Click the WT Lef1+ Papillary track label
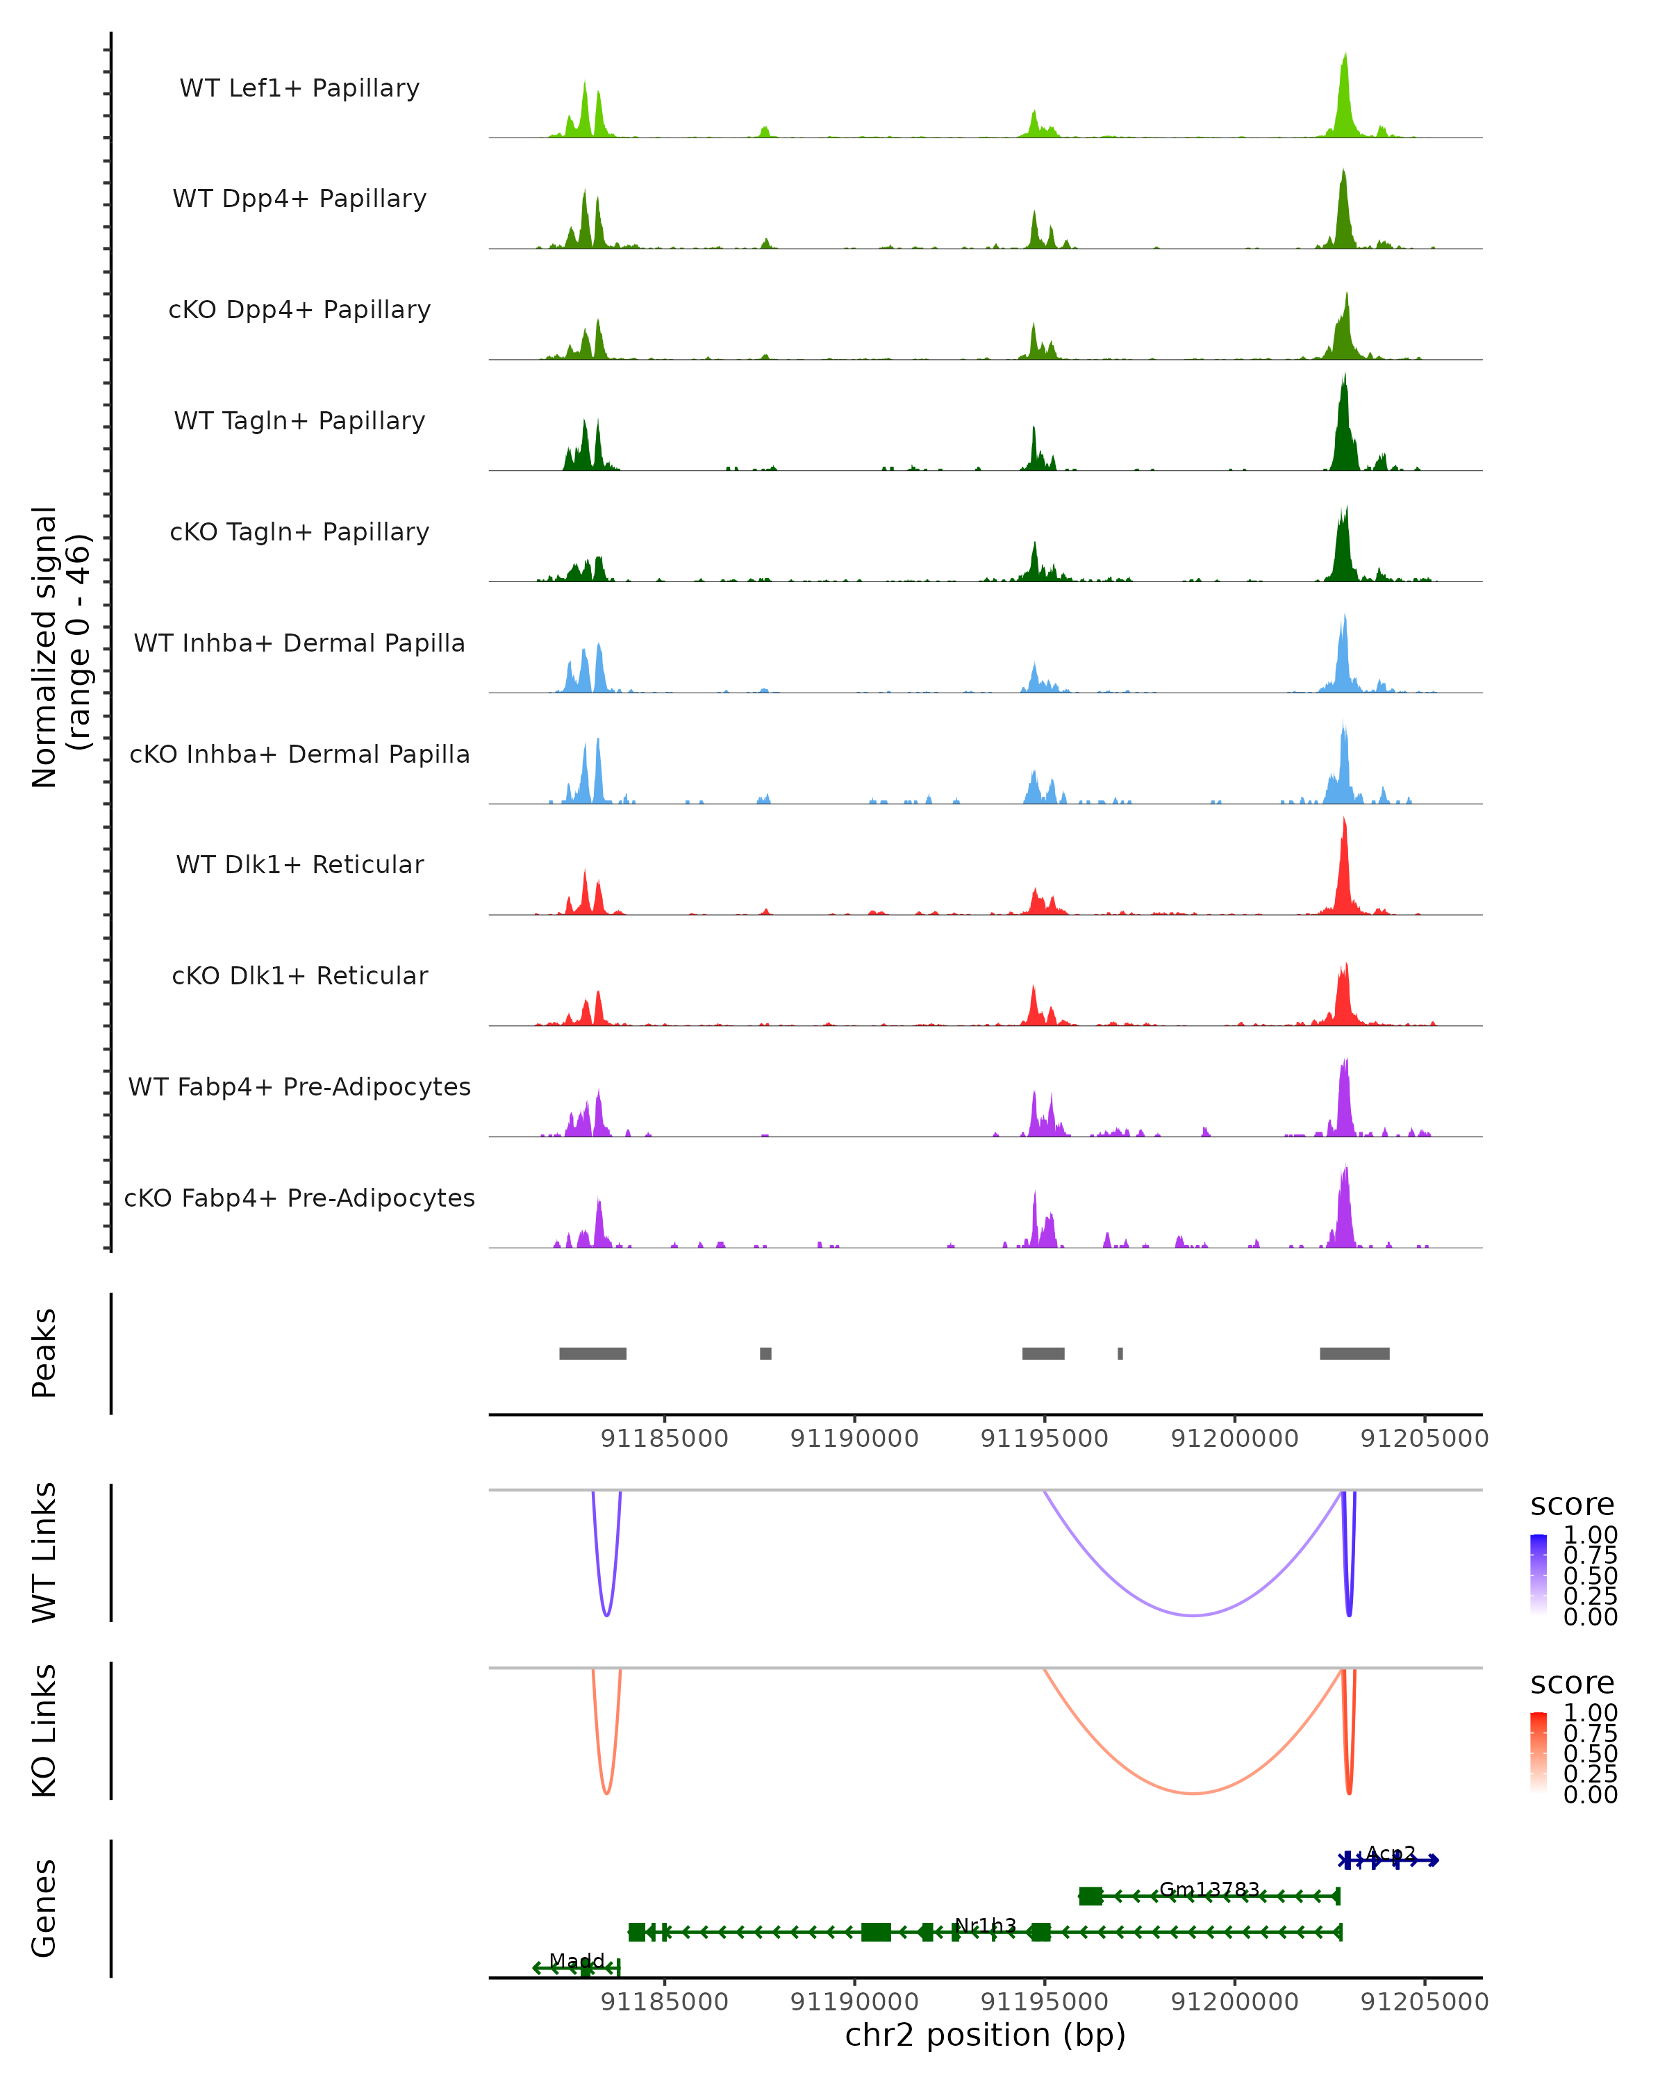coord(299,88)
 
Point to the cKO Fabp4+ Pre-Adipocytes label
coord(299,1198)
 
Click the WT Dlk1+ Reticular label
coord(299,864)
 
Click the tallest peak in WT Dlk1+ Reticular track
coord(1343,822)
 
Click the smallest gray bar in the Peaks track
coord(1120,1353)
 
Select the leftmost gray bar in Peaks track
coord(592,1353)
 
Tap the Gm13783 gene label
coord(1209,1889)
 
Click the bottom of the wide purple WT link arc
coord(1195,1615)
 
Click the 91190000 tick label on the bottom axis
coord(854,2001)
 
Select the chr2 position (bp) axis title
coord(985,2035)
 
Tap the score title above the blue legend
coord(1573,1505)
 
